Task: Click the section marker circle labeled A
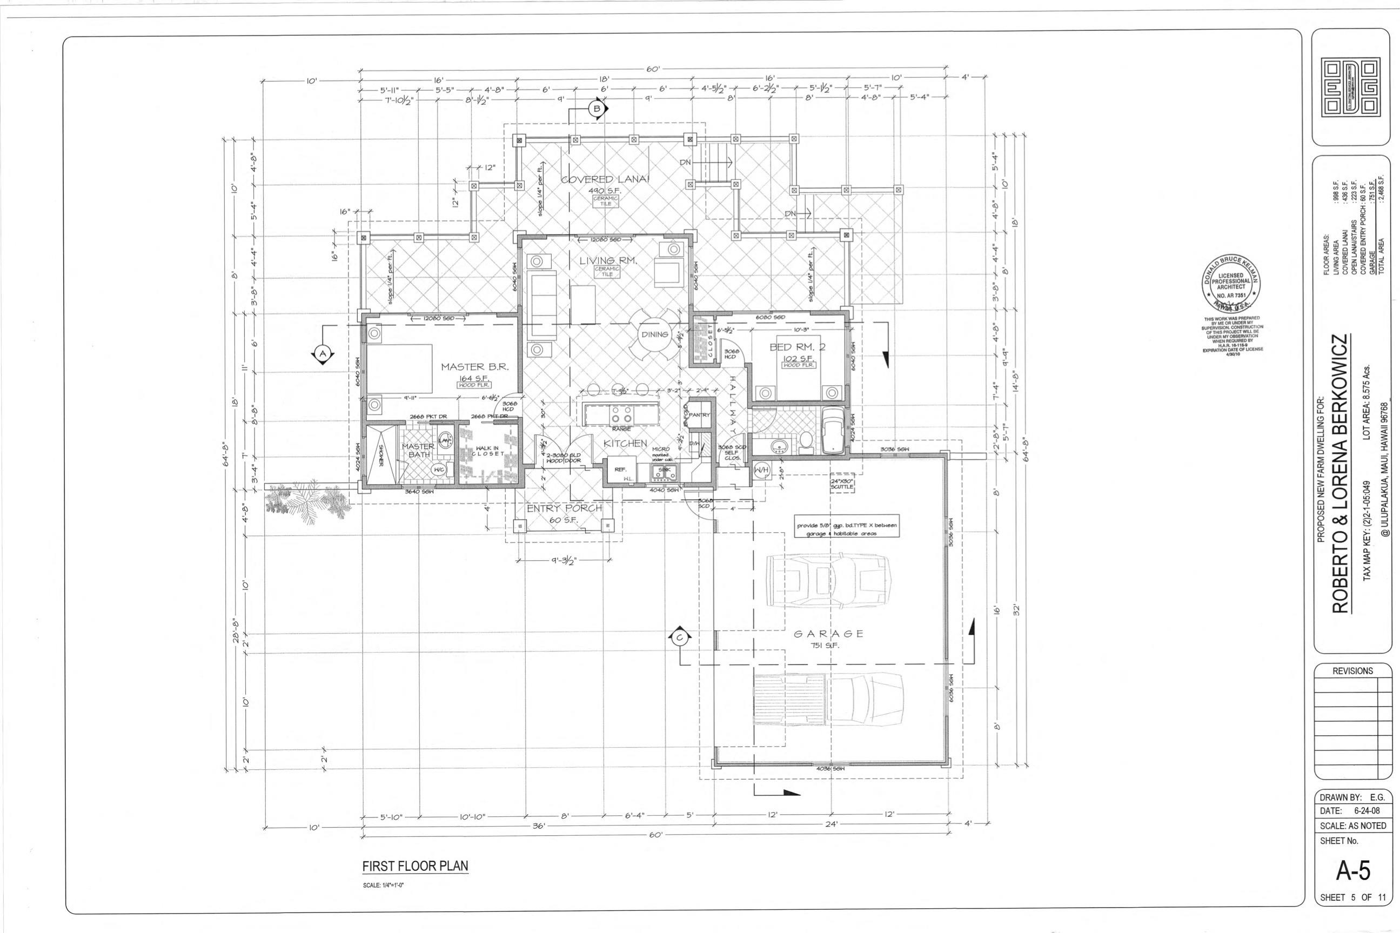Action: pos(323,353)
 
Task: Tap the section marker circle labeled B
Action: pos(598,108)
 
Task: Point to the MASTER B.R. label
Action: pos(474,367)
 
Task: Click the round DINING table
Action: pos(654,334)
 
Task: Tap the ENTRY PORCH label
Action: pos(564,508)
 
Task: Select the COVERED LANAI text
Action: pos(606,179)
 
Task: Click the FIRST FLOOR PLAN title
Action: pos(414,866)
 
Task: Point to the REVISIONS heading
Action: pos(1352,670)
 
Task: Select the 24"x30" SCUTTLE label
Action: pos(842,483)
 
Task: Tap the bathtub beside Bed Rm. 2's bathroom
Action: pos(833,430)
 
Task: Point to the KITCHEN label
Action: pos(625,444)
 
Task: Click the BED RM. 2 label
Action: pos(798,347)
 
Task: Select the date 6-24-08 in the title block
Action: pos(1366,811)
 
